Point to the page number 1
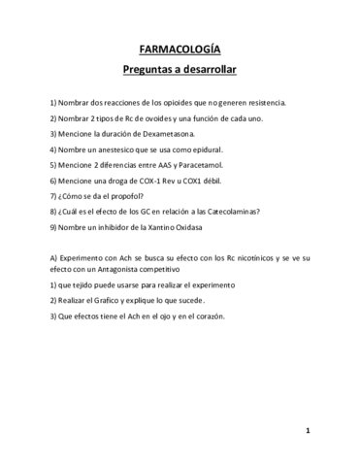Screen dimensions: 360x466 point(307,429)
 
